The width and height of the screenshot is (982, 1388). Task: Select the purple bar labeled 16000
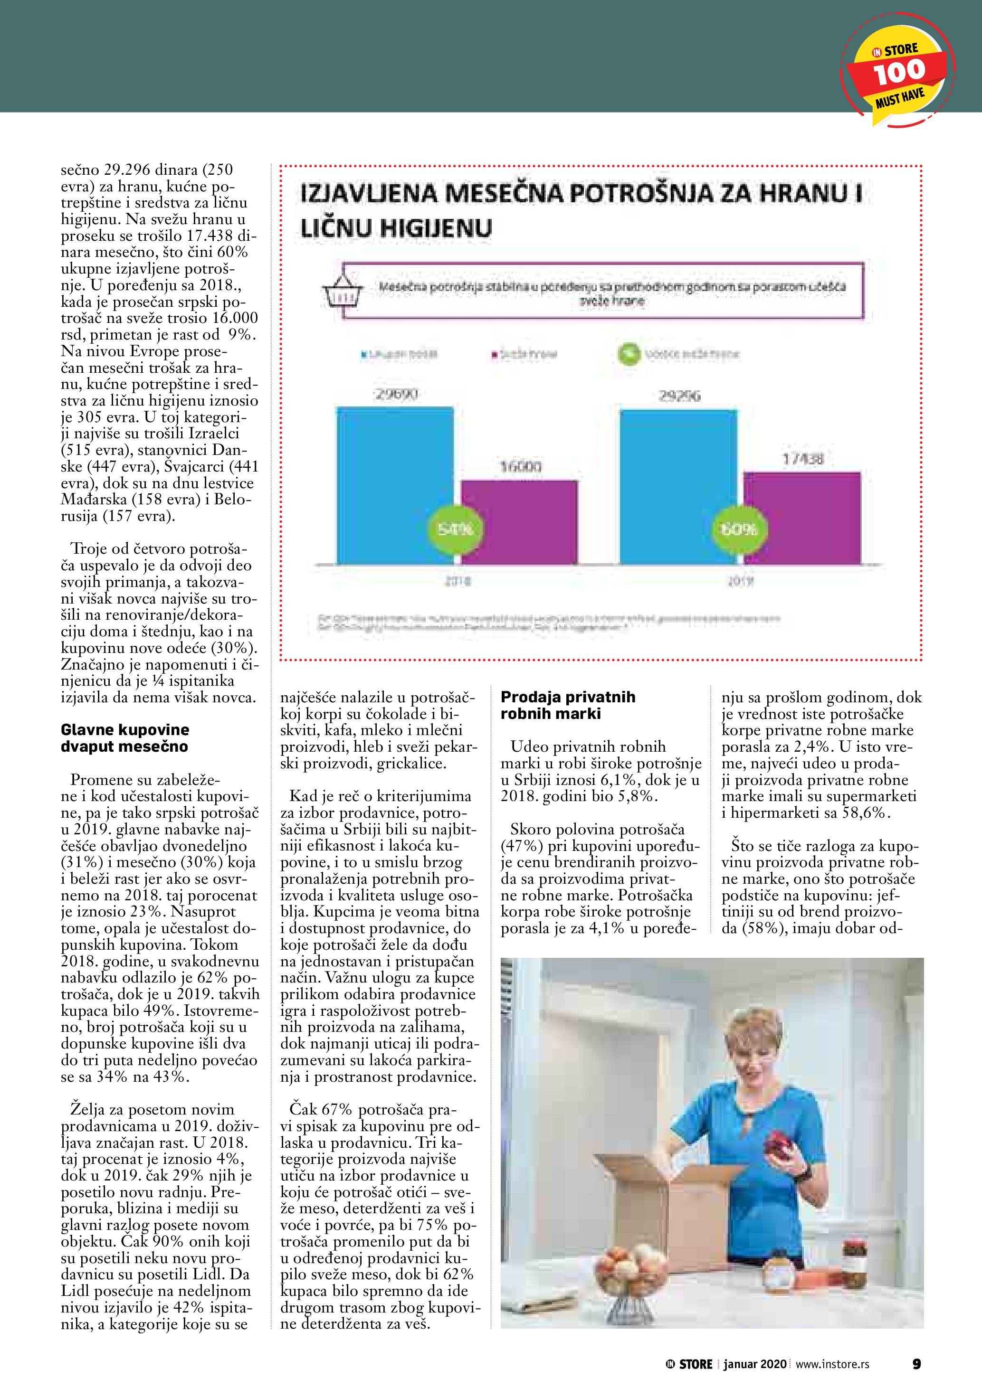519,522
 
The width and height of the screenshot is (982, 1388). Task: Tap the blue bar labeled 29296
678,487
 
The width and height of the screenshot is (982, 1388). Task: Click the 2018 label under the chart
457,582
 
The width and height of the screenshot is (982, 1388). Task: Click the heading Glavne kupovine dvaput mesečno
124,737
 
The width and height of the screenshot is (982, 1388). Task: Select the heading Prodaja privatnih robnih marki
568,705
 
